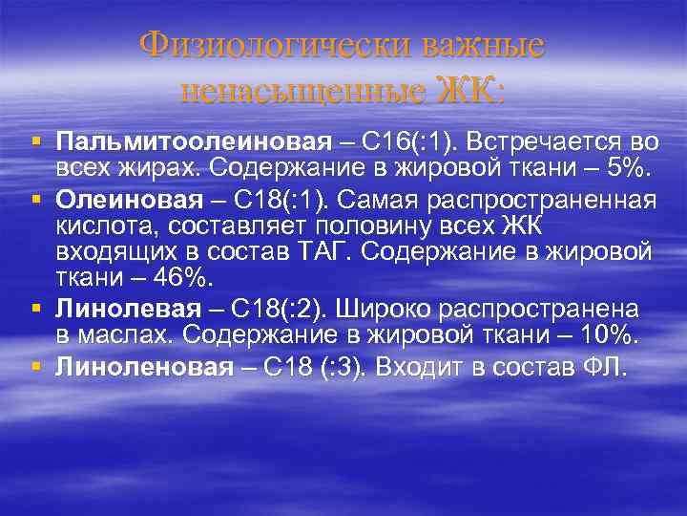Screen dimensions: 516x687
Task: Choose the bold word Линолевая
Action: click(129, 308)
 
